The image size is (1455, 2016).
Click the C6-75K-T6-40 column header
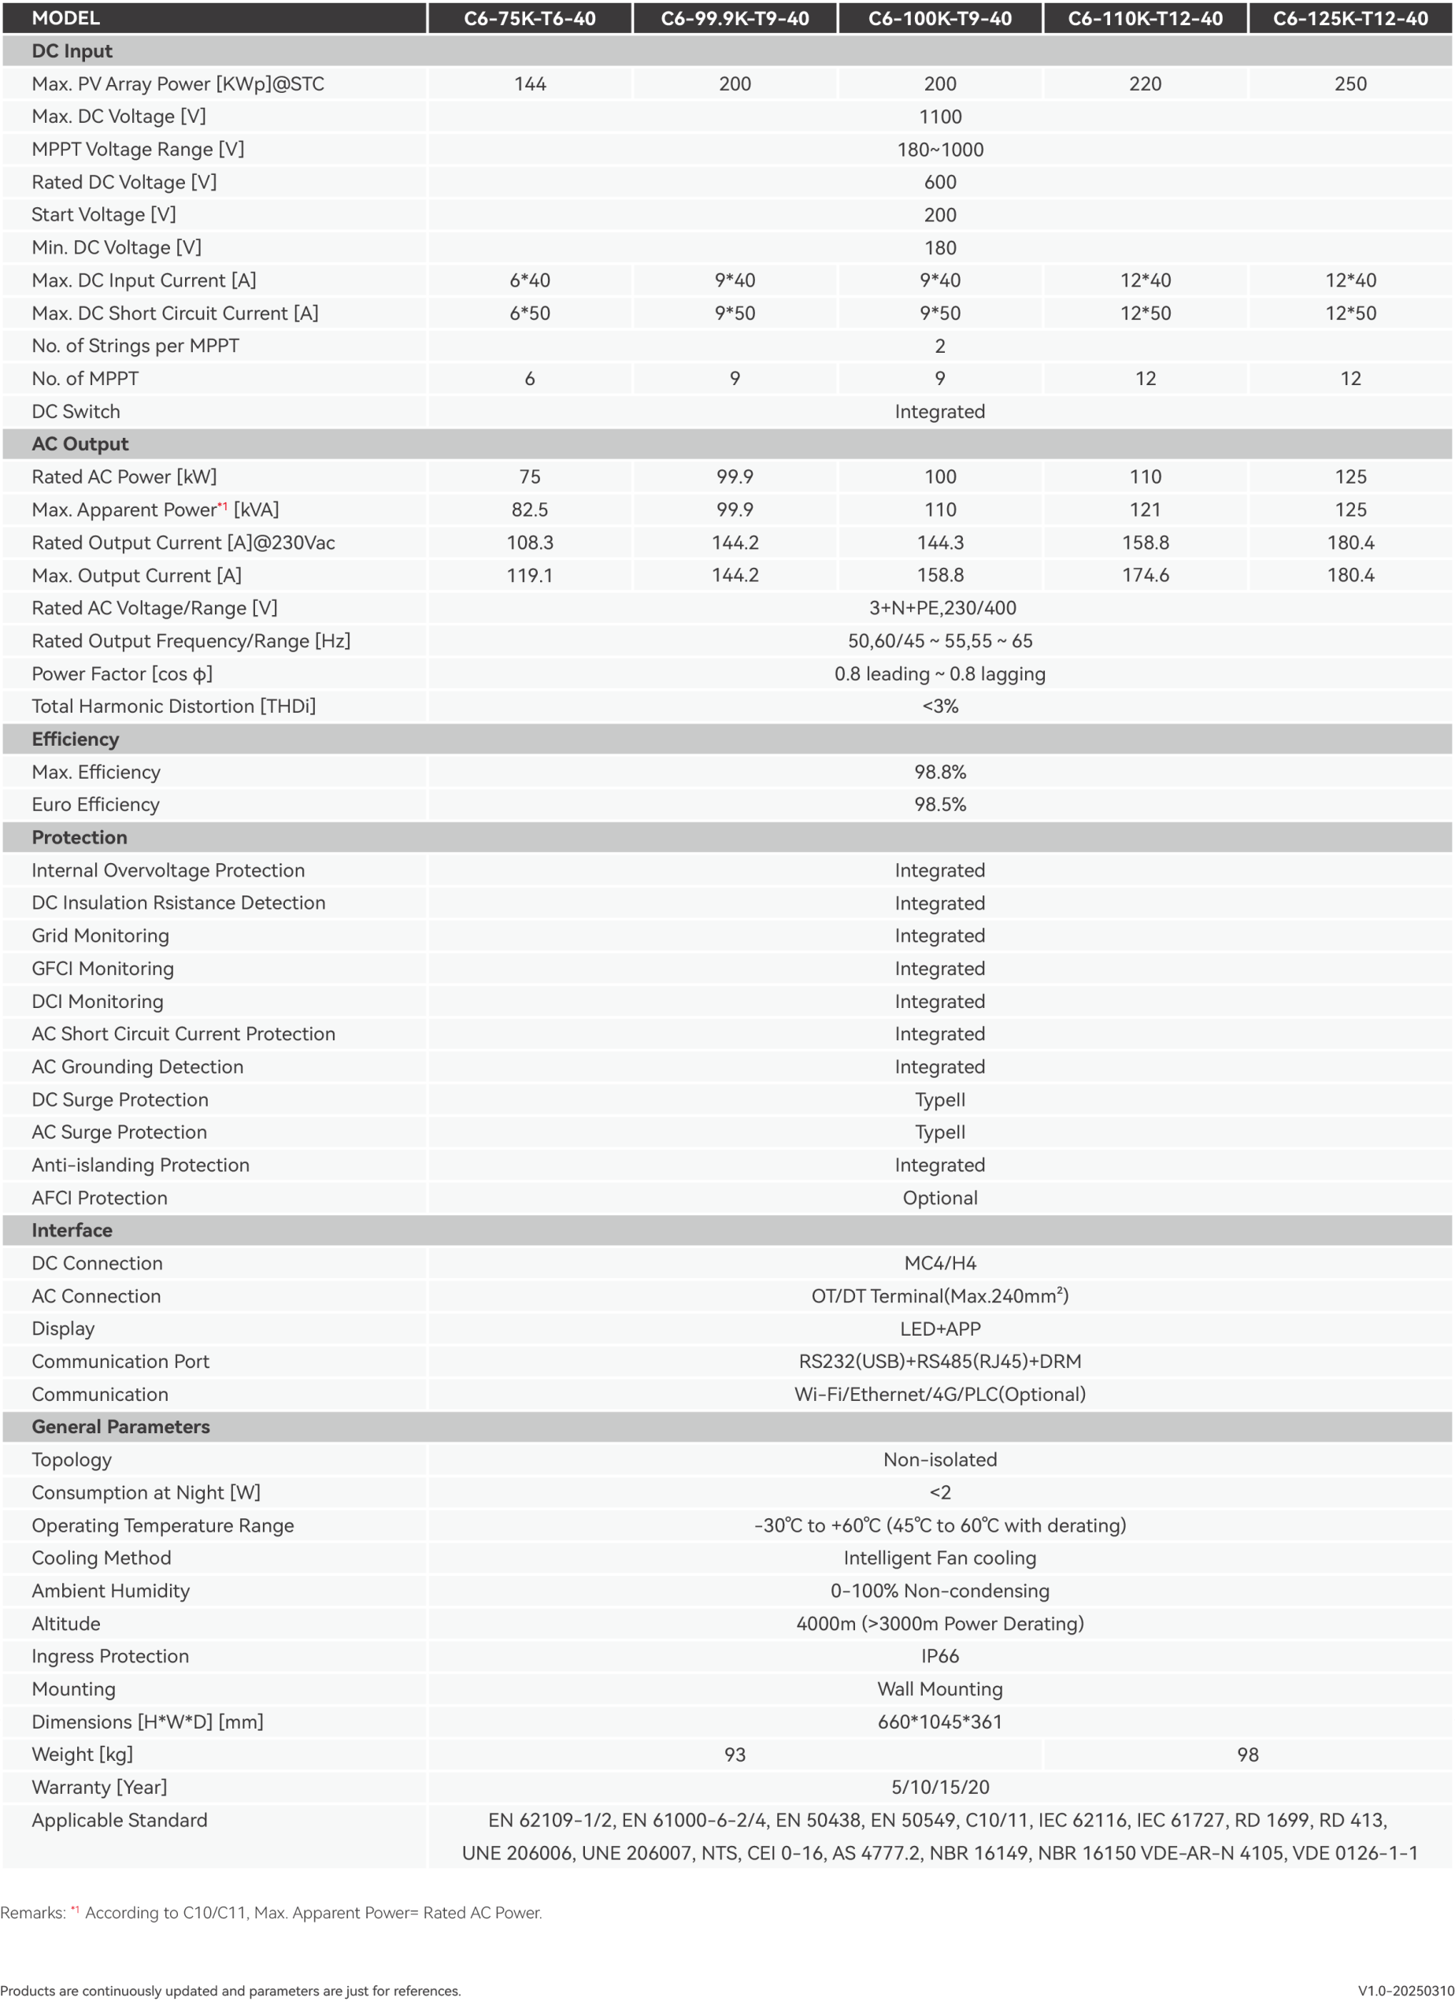point(530,19)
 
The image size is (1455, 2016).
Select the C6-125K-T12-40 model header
point(1349,19)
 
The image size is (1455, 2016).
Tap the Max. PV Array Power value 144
point(530,83)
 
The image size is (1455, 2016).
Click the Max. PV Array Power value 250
point(1349,83)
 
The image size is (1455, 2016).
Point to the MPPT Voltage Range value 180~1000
point(939,150)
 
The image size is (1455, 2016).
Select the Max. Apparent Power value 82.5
point(530,510)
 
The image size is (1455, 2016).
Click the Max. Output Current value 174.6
point(1145,575)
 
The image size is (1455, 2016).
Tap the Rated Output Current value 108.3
point(530,543)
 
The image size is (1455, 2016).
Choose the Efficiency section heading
point(76,739)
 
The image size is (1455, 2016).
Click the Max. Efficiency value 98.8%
point(939,772)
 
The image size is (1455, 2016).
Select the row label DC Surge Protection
point(120,1099)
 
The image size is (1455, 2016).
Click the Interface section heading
point(72,1230)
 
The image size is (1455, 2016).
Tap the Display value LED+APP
point(939,1329)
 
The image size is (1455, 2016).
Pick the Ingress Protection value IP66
point(939,1656)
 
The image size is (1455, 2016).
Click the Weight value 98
point(1247,1755)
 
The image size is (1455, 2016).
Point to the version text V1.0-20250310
point(1405,1991)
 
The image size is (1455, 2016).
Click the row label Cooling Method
point(102,1558)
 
